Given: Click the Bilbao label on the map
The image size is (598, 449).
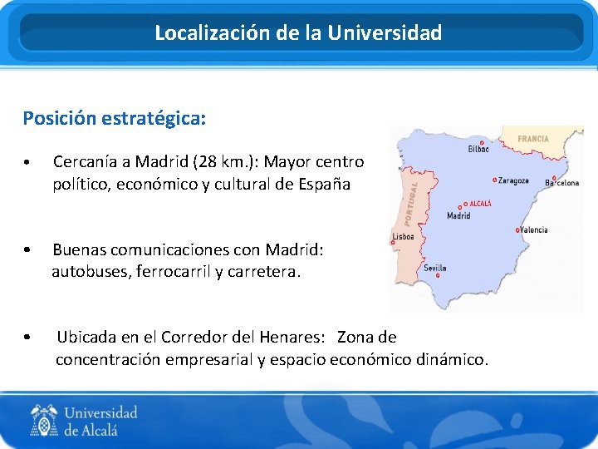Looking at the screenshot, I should (x=478, y=149).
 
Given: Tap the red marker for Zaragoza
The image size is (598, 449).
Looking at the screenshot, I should (x=495, y=180).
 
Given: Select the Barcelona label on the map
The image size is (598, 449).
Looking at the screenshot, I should (x=562, y=183).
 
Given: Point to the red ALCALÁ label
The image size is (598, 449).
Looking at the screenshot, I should (x=480, y=203).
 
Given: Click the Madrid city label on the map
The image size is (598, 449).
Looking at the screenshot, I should (x=458, y=216).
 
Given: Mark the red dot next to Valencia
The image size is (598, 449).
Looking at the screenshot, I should (x=518, y=229).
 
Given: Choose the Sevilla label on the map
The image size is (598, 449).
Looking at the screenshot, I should (x=435, y=268).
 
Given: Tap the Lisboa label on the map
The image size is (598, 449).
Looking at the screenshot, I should (x=403, y=237).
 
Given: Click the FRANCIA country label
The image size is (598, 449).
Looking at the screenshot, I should (x=533, y=139).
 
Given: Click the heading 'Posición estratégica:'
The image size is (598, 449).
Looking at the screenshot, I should (x=115, y=118).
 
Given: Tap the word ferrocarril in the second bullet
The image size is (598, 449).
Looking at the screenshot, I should (x=171, y=271).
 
